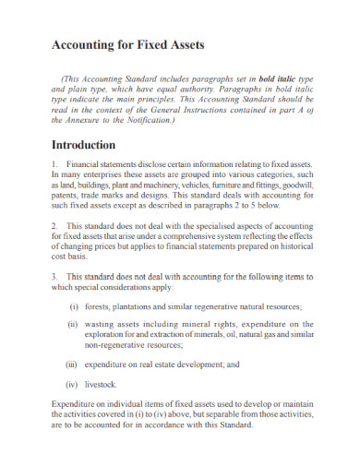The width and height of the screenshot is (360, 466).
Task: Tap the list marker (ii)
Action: pyautogui.click(x=73, y=325)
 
